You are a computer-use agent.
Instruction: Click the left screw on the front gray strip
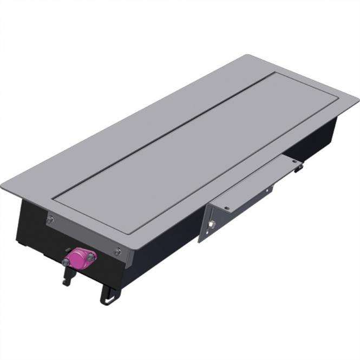50,220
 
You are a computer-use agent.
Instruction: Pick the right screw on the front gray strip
117,251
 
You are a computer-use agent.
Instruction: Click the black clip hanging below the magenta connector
69,276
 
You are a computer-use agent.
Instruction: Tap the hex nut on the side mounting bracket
212,224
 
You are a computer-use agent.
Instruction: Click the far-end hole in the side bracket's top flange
293,161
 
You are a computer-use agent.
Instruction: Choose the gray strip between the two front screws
84,235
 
